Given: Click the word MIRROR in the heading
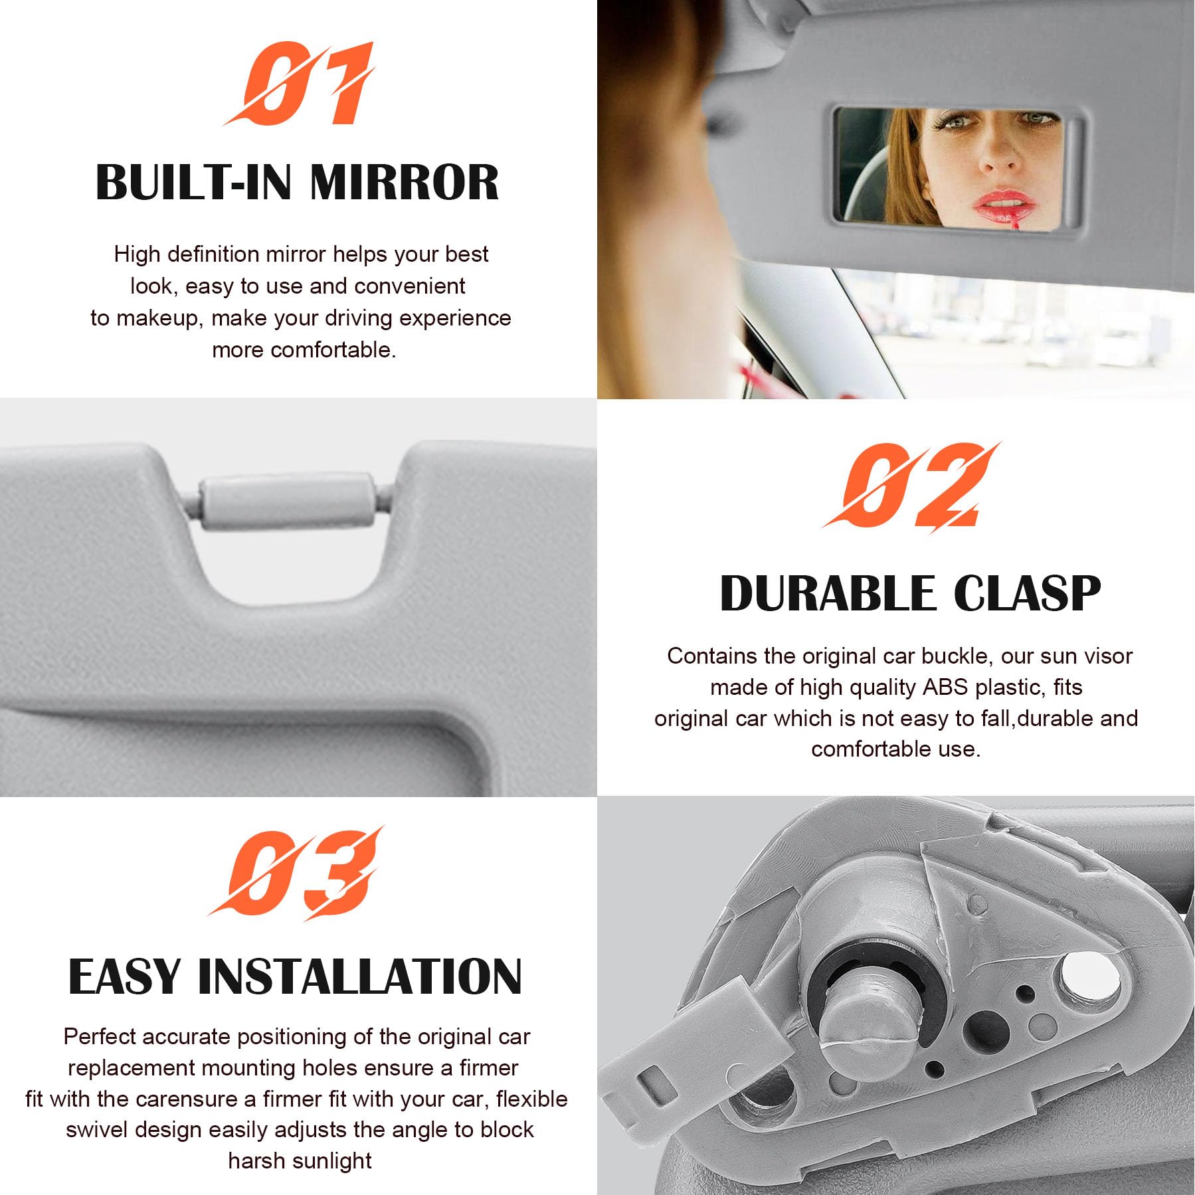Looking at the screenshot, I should tap(404, 182).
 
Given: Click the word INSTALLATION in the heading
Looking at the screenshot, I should tap(360, 976).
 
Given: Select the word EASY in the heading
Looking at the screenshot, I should tap(124, 976).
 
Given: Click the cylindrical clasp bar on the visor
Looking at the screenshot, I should tap(288, 501).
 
